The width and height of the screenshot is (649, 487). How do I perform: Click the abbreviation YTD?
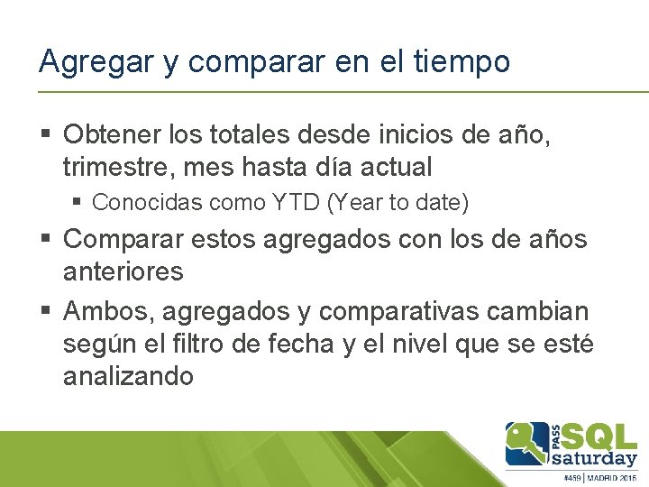292,203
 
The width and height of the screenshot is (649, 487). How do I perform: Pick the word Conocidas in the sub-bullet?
147,203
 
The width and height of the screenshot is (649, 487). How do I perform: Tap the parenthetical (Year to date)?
398,204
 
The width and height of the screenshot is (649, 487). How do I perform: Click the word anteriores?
123,271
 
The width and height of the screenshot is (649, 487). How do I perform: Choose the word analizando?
128,374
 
